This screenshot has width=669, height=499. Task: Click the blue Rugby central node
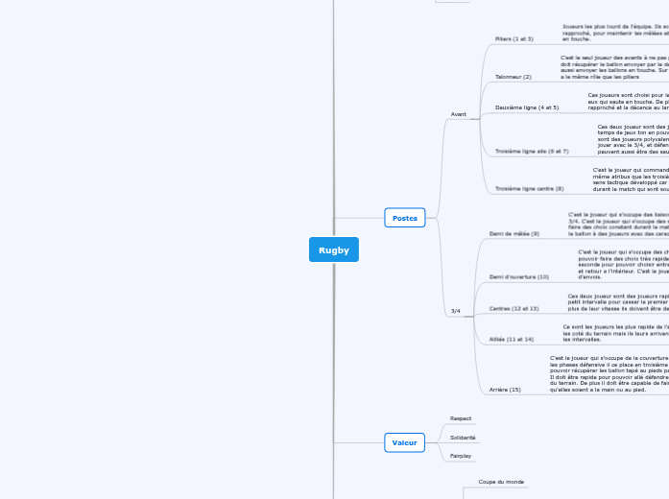334,249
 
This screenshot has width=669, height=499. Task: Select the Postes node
405,218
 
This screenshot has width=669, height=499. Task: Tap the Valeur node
405,442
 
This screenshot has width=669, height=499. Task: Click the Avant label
459,114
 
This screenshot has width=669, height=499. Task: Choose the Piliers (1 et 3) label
514,39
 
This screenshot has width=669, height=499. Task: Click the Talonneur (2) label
514,76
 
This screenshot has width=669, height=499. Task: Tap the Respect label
461,418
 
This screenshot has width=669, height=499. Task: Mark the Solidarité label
464,438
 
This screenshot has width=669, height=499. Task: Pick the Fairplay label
461,456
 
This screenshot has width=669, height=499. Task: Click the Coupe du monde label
502,482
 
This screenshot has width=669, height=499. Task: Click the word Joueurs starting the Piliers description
574,27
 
